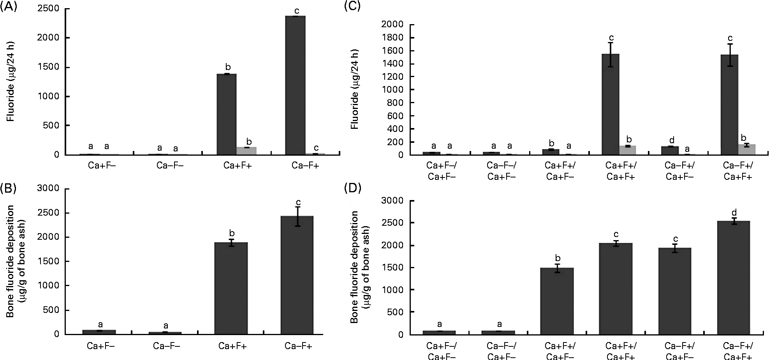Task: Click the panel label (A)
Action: click(9, 7)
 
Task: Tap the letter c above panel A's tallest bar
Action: click(297, 10)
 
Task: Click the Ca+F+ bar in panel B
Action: click(232, 288)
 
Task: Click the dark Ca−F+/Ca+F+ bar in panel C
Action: click(729, 105)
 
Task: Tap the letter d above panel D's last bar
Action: click(734, 213)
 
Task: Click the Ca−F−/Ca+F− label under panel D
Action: click(499, 351)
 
